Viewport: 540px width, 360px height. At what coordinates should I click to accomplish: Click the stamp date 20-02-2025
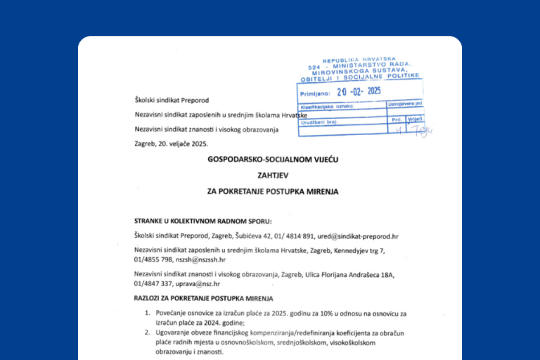[359, 91]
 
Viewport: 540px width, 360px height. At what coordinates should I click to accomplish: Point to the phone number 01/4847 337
[155, 284]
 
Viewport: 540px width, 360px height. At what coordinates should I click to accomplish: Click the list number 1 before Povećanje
[147, 312]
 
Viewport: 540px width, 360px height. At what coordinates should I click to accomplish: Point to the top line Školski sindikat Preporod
[172, 101]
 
